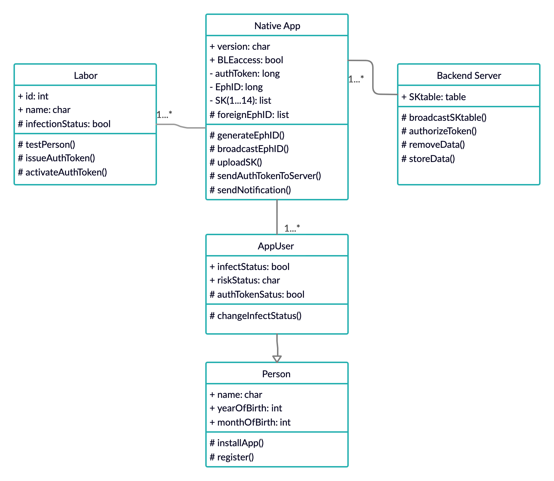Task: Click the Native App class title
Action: click(x=277, y=26)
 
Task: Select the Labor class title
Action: click(x=86, y=75)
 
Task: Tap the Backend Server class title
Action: click(x=469, y=75)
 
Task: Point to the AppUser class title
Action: click(x=276, y=246)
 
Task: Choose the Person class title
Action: click(x=276, y=374)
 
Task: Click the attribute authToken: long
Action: click(x=245, y=74)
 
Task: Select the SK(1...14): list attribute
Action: click(x=240, y=101)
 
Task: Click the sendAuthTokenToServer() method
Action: click(x=265, y=176)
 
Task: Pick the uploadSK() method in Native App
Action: click(x=236, y=162)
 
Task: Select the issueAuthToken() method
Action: click(x=56, y=158)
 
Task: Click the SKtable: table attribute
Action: click(x=434, y=97)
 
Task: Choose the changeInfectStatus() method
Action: click(x=255, y=316)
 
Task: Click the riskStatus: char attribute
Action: click(x=245, y=280)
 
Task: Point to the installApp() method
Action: click(x=237, y=443)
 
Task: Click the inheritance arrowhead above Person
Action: click(x=277, y=359)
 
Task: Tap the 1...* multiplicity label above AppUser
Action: click(x=292, y=228)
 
